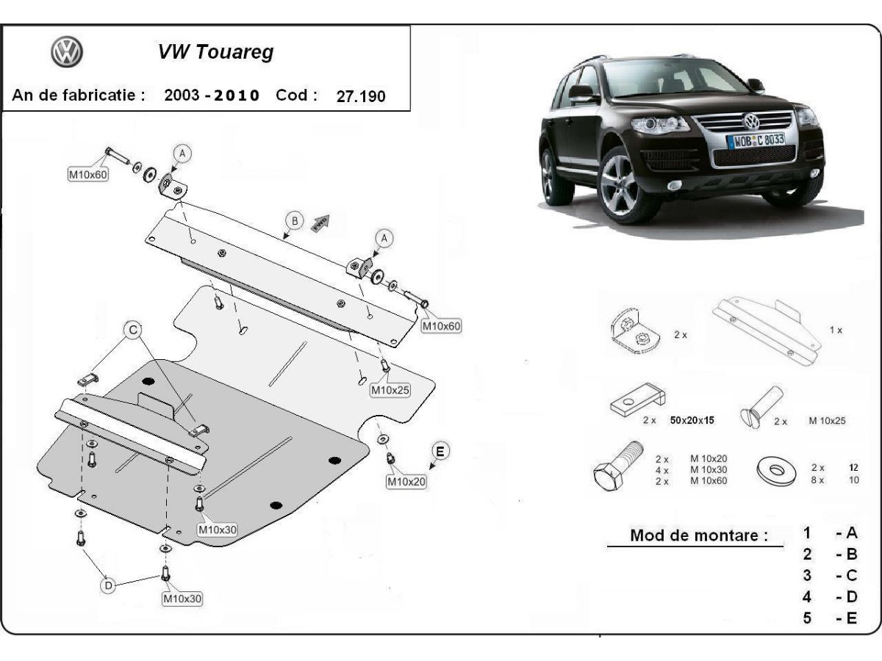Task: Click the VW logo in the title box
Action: point(66,52)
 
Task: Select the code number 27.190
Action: point(361,96)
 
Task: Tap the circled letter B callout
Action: point(294,220)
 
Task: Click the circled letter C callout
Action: point(133,331)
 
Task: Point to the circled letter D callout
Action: point(108,585)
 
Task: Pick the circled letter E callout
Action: point(440,451)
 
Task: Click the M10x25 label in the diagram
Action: point(390,391)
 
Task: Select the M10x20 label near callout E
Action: point(406,482)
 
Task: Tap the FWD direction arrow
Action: point(320,223)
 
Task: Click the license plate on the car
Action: point(755,140)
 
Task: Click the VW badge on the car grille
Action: point(751,121)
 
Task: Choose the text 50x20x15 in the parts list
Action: point(692,421)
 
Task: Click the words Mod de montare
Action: point(694,535)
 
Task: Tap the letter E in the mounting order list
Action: point(851,618)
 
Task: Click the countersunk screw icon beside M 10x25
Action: point(760,408)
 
